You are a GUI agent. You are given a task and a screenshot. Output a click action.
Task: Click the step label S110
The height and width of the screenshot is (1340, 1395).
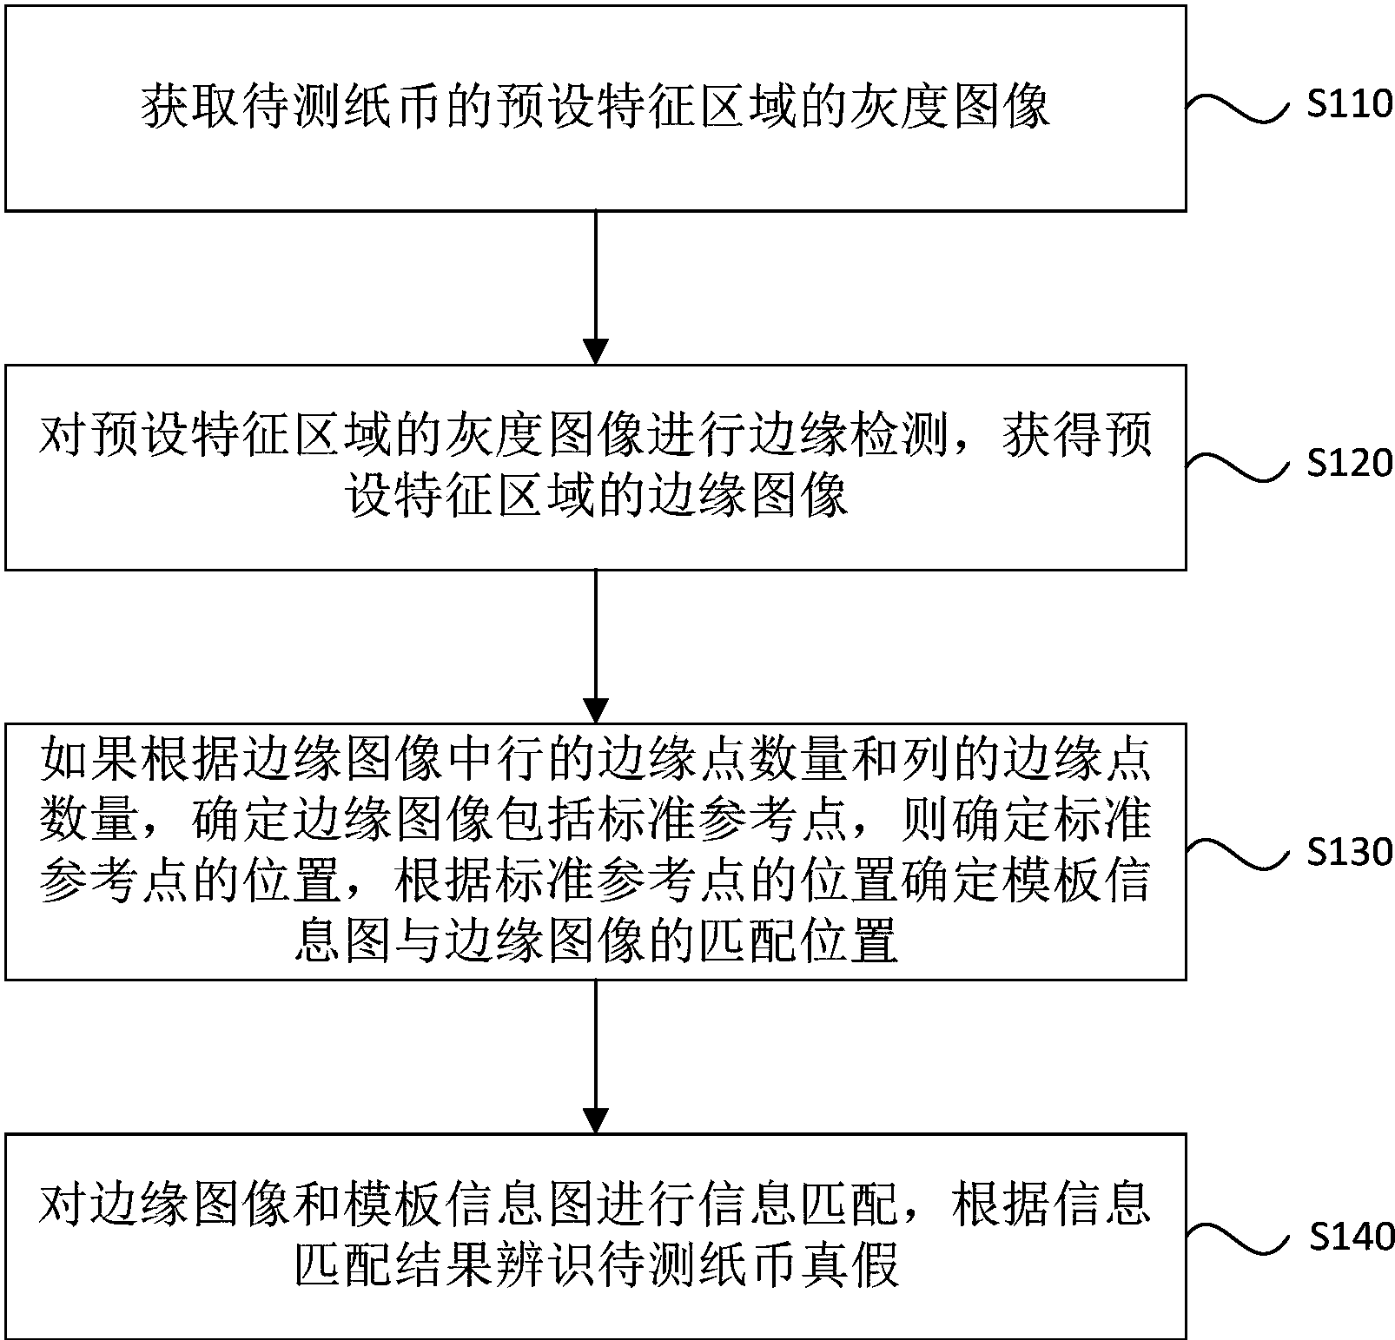pyautogui.click(x=1349, y=105)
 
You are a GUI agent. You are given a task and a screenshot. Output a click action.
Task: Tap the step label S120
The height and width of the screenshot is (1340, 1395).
pyautogui.click(x=1349, y=464)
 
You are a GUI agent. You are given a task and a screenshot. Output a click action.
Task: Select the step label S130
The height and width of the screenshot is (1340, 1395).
pyautogui.click(x=1349, y=852)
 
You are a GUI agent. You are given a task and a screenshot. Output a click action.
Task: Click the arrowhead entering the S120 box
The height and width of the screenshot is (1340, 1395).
pyautogui.click(x=595, y=351)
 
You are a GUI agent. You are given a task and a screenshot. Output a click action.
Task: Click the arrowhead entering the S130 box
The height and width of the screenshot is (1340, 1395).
pyautogui.click(x=595, y=710)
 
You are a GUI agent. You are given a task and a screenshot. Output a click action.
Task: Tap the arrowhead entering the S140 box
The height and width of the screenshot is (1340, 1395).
pyautogui.click(x=595, y=1120)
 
